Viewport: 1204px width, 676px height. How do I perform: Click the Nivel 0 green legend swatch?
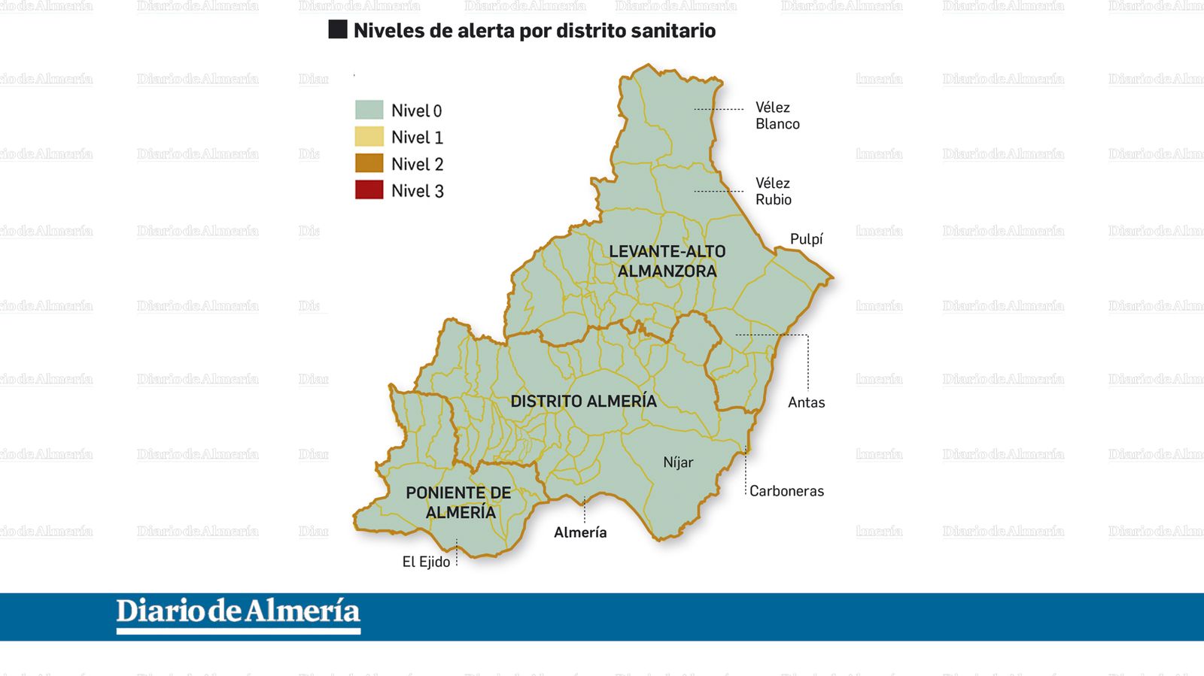click(369, 110)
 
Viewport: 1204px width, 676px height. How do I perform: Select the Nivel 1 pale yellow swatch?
click(369, 137)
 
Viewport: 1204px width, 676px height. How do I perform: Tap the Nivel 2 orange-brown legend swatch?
click(369, 163)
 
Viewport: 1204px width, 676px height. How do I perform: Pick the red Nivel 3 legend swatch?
click(369, 189)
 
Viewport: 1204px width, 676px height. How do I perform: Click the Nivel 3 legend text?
click(418, 191)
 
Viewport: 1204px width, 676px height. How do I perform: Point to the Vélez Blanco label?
click(777, 116)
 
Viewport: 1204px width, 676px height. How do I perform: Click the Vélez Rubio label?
click(774, 191)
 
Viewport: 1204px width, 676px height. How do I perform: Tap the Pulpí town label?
click(806, 239)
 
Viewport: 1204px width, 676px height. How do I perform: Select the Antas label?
click(806, 402)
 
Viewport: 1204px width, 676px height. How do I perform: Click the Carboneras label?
click(786, 491)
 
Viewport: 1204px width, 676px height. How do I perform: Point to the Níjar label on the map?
click(678, 462)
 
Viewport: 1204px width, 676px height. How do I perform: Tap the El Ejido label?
click(426, 562)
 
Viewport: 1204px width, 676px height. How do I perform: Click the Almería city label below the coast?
click(580, 532)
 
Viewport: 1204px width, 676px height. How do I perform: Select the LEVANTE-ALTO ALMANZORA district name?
click(667, 261)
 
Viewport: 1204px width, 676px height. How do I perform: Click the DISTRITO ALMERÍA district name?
click(583, 402)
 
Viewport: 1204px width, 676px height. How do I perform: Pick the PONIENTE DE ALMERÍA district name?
click(459, 502)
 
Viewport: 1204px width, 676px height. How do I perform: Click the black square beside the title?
click(338, 29)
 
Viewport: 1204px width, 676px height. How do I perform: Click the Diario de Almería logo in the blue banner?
click(238, 614)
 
